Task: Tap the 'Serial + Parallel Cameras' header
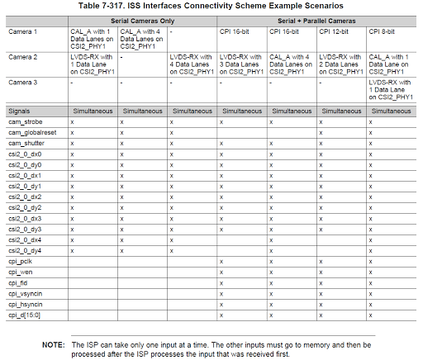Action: pos(317,20)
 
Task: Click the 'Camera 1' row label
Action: pos(23,31)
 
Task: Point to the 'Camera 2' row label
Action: pos(23,56)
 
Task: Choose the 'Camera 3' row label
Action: pos(23,82)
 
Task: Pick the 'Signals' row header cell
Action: pos(21,110)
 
